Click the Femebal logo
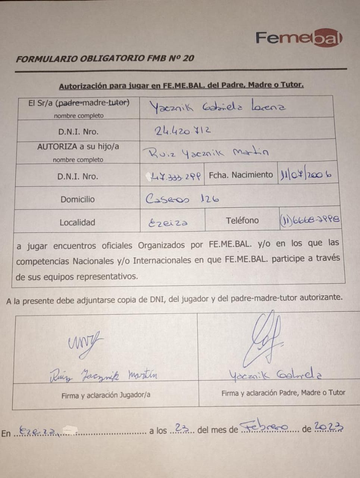click(x=298, y=38)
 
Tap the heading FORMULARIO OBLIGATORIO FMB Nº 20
click(x=105, y=58)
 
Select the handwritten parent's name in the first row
click(x=217, y=107)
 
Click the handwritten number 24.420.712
click(x=183, y=130)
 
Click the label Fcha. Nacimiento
click(x=241, y=175)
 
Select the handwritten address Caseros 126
click(x=182, y=198)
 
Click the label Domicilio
click(x=78, y=199)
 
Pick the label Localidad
click(x=77, y=223)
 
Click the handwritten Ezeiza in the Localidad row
click(x=168, y=223)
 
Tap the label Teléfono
click(x=242, y=220)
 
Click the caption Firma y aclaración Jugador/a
click(x=106, y=395)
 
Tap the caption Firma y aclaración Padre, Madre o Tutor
click(x=283, y=393)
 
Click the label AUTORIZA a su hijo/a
click(x=78, y=147)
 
